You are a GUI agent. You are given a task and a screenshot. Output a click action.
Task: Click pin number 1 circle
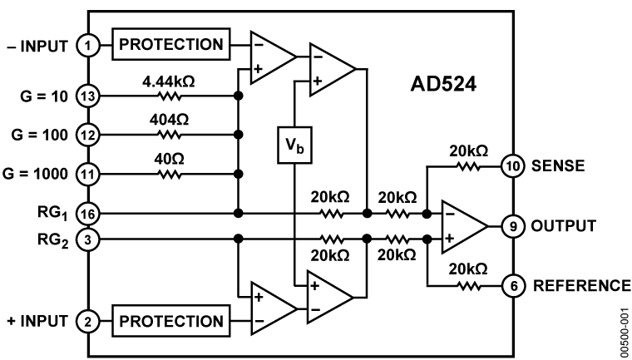88,45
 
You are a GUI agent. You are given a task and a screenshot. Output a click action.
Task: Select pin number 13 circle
88,96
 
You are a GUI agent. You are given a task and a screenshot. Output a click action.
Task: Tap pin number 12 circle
88,135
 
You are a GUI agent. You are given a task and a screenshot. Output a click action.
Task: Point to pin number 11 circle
88,175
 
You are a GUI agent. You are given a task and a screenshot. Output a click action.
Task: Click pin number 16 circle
88,215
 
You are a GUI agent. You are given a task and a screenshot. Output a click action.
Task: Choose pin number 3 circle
88,239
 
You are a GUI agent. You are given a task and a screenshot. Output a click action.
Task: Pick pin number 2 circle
88,322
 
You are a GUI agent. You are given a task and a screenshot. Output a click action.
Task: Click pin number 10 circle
513,166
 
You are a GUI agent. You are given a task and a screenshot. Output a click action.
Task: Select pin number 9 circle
513,226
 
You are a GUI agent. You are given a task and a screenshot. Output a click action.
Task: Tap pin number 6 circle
513,286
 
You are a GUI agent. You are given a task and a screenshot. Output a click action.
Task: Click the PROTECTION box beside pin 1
171,45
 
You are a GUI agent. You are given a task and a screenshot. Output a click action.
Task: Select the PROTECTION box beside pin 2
171,321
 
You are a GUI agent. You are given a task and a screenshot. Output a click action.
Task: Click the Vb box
294,145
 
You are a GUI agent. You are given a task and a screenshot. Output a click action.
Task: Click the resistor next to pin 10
468,166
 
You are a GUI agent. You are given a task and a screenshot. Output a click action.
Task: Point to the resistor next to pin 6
468,286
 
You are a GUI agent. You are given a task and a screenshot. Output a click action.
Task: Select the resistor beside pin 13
170,96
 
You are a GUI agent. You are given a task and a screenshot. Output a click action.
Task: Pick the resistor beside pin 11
170,175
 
